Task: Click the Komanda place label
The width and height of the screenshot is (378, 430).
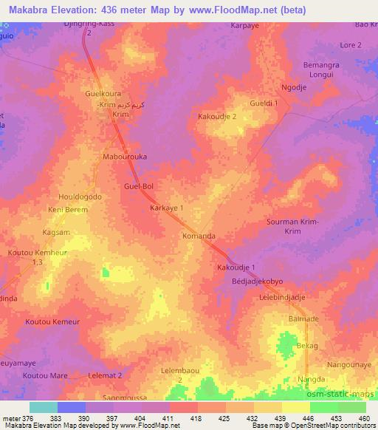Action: pyautogui.click(x=199, y=236)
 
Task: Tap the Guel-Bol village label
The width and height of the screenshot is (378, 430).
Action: pyautogui.click(x=138, y=187)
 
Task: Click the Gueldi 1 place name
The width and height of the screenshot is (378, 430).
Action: pyautogui.click(x=264, y=103)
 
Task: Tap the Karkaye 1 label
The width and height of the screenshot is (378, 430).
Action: pyautogui.click(x=166, y=208)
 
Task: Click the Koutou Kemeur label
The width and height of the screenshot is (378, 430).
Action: pyautogui.click(x=52, y=322)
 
